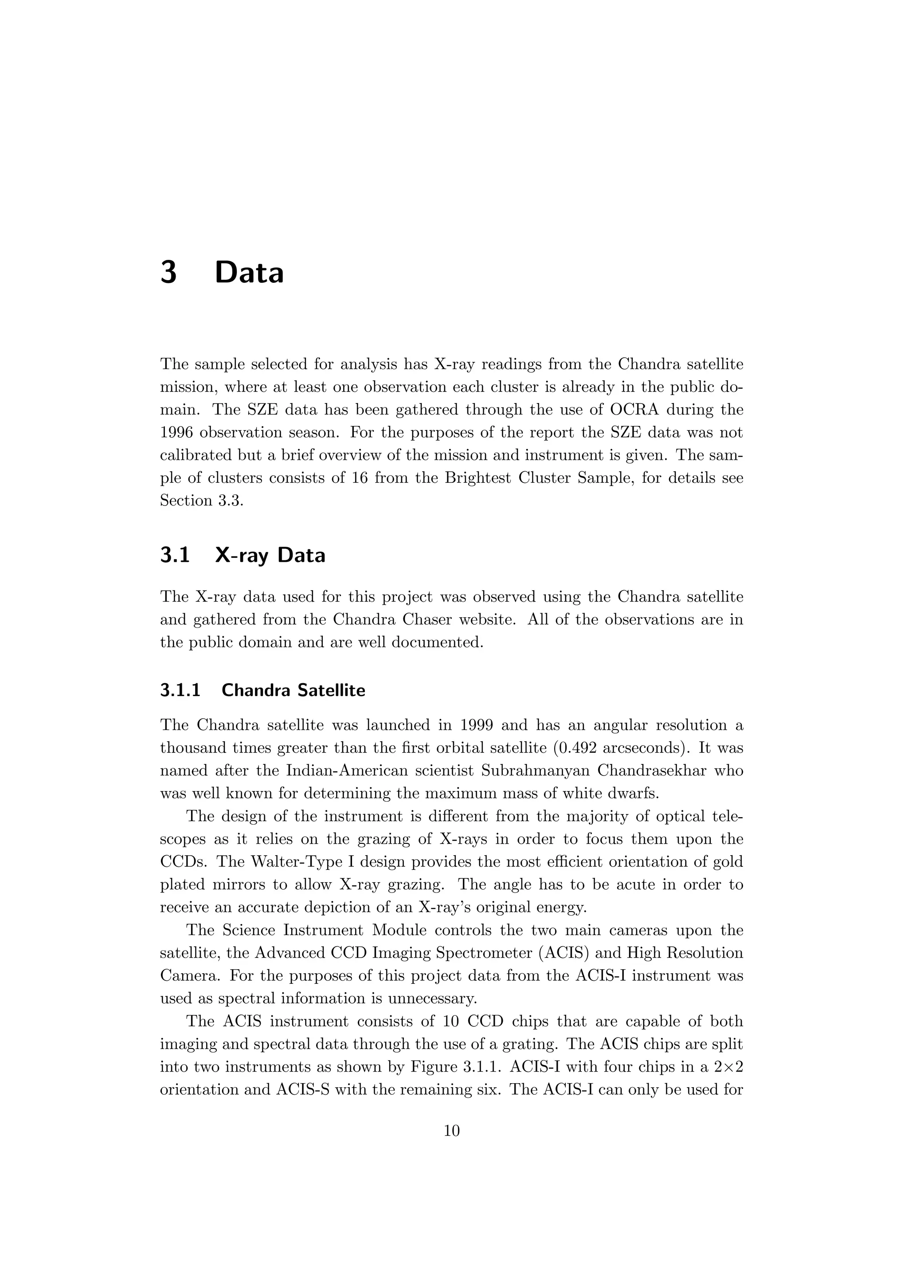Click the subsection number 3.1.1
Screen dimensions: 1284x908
[180, 691]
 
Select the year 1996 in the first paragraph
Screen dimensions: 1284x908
[176, 433]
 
